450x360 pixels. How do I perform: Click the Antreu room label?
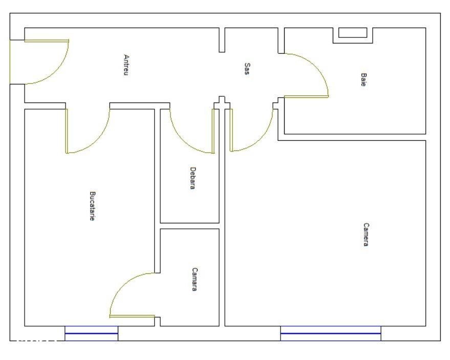point(126,65)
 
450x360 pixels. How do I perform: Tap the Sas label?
point(247,69)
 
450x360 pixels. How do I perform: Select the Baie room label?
point(363,79)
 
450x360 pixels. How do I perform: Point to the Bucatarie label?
point(92,206)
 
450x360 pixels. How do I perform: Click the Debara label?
point(193,178)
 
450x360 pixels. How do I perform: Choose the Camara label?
point(195,279)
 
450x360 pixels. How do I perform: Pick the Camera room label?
point(366,235)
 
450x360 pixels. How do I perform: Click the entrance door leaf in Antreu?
point(47,41)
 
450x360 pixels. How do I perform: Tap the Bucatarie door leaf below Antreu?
point(67,131)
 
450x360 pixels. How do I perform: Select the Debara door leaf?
point(213,131)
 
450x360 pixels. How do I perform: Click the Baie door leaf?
point(306,96)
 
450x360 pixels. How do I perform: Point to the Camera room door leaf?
point(231,130)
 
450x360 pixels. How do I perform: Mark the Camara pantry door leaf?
point(132,316)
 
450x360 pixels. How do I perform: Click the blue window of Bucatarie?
point(91,333)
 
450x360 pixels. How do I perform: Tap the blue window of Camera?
point(331,333)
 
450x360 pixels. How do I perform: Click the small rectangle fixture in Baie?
point(353,33)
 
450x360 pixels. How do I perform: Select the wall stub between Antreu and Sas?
point(222,40)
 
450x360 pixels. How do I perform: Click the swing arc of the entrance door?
point(56,71)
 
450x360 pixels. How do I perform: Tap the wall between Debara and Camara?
point(189,226)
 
